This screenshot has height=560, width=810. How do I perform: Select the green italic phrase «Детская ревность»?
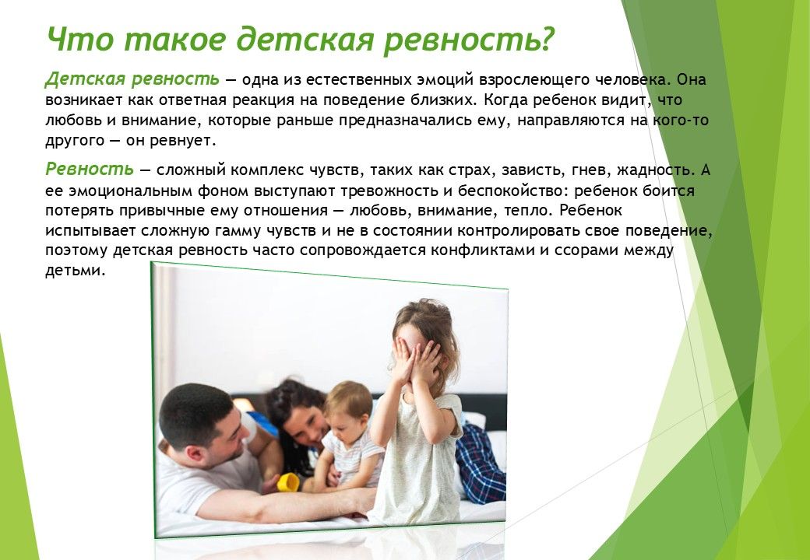pos(132,80)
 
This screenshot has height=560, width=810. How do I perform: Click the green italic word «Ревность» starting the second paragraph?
pos(90,169)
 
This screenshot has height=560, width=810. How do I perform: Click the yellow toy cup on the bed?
pos(288,481)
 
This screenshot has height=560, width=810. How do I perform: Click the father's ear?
pos(195,453)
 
